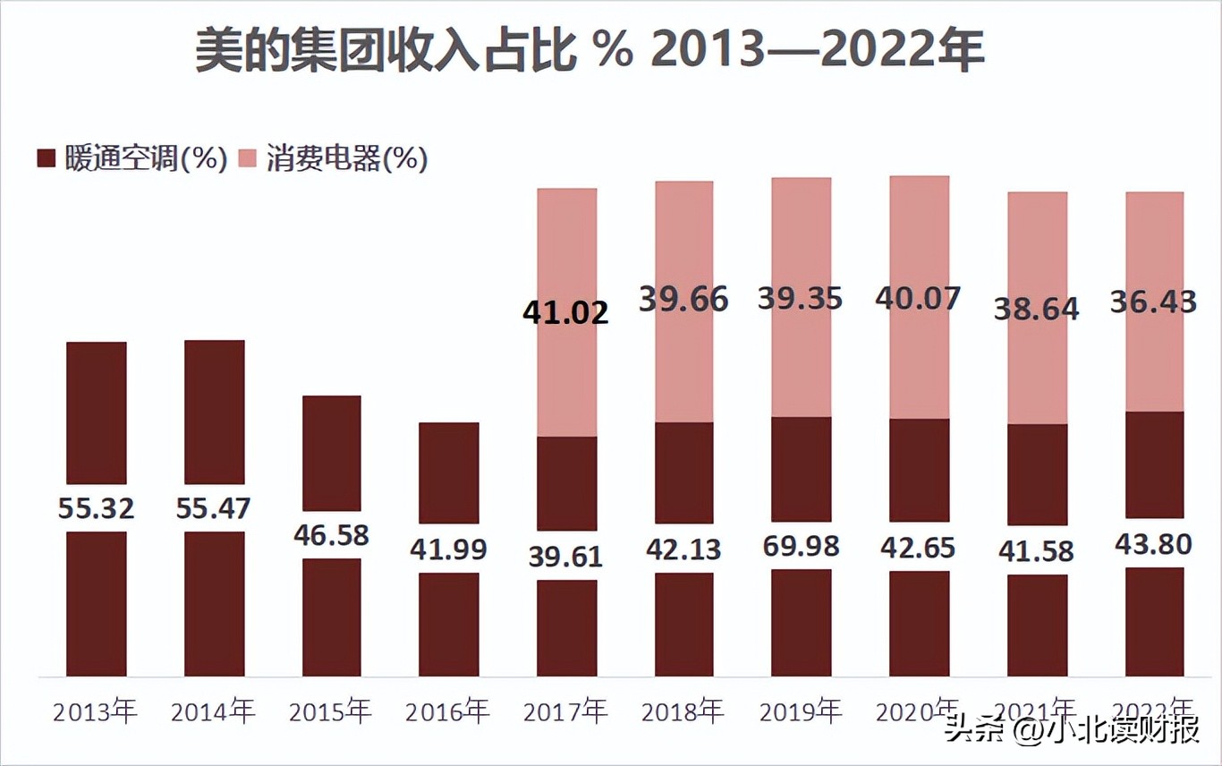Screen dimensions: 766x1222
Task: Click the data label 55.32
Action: point(97,508)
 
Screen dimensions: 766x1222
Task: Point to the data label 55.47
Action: point(214,508)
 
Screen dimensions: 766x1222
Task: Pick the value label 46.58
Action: point(331,535)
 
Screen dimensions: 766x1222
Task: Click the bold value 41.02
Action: point(565,312)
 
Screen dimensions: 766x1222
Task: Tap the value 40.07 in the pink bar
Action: point(919,298)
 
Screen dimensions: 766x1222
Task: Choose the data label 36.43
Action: point(1153,302)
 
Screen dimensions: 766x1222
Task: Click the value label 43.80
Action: point(1153,543)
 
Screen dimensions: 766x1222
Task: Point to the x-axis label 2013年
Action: point(96,712)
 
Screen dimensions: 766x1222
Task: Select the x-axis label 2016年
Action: point(447,712)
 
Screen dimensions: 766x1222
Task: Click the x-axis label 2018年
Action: point(683,712)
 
